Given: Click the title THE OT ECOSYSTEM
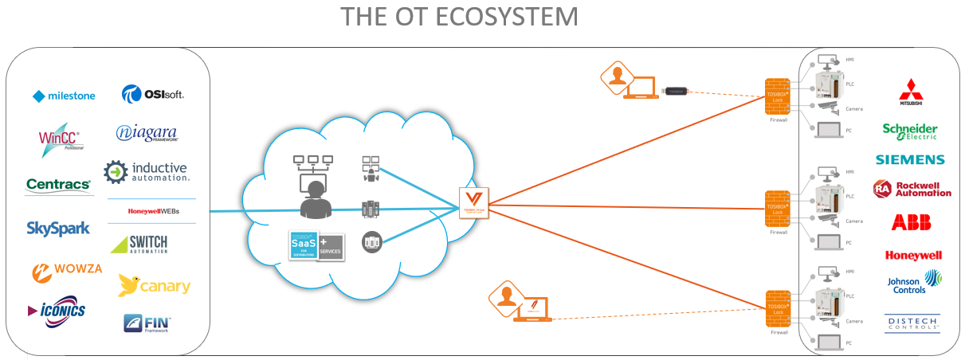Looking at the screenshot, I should coord(460,17).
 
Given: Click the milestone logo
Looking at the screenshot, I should coord(64,96).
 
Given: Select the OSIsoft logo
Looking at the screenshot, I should coord(153,95).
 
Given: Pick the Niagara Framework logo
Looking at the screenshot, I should coord(147,133).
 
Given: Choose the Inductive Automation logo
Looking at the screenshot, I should coord(147,172).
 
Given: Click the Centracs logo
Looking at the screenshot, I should coord(59,185).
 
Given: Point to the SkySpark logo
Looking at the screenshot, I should coord(58,229).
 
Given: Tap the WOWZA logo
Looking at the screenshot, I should coord(67,269).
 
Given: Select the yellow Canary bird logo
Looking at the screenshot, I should coord(154,284).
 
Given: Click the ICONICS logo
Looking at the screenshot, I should coord(57,310).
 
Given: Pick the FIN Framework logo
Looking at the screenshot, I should coord(147,323).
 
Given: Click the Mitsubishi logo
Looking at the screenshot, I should coord(910,93).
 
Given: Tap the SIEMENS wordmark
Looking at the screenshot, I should coord(910,160).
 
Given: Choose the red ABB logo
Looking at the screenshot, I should coord(911,222).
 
